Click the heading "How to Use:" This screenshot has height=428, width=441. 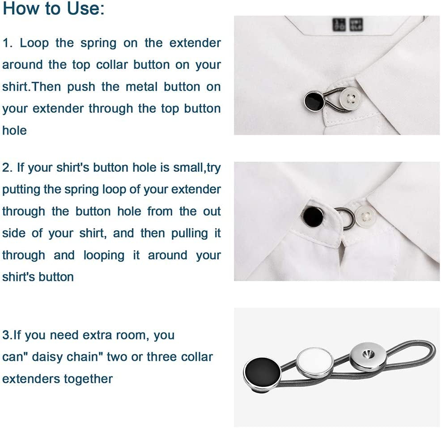(x=53, y=9)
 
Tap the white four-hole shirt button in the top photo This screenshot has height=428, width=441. (x=350, y=99)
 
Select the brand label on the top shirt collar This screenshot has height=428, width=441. (x=347, y=25)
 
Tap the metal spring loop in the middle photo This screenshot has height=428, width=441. (x=343, y=218)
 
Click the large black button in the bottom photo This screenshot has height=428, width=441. (x=262, y=372)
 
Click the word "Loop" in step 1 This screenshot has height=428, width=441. (x=34, y=43)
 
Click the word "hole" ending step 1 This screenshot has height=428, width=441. (x=14, y=131)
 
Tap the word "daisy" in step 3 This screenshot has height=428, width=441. (x=51, y=357)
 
